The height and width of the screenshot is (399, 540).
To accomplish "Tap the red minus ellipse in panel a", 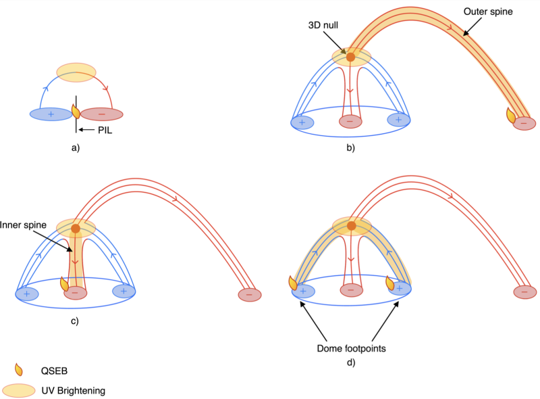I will tap(102, 114).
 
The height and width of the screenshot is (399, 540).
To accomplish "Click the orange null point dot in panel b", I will tap(350, 57).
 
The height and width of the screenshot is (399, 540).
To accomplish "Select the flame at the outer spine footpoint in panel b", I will tap(512, 116).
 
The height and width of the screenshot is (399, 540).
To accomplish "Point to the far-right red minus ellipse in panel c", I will tap(250, 295).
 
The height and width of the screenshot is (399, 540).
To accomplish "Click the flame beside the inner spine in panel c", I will tap(65, 284).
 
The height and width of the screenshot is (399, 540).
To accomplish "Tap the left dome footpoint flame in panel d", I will tap(293, 283).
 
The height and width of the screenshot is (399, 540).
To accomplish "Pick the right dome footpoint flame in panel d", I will tap(390, 284).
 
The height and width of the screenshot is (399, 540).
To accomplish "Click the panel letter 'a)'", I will tap(76, 147).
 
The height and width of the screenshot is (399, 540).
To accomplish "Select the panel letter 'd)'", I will tap(350, 363).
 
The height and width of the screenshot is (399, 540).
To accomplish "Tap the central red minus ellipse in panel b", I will tap(350, 121).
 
